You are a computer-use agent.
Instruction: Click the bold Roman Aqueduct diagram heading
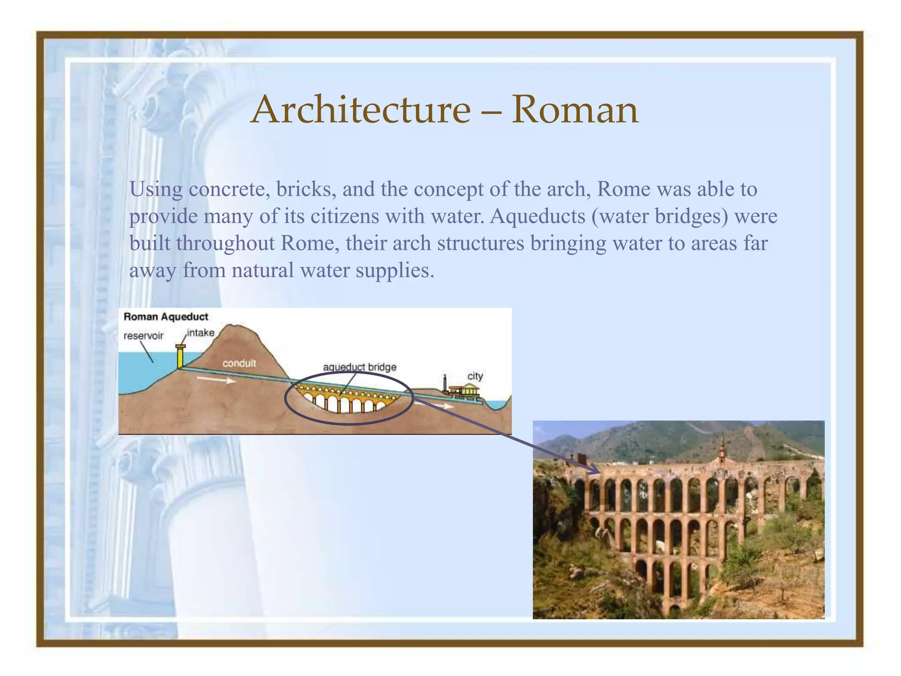click(x=166, y=316)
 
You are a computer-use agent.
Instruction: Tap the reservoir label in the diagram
click(x=143, y=336)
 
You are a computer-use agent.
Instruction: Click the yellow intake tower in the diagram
click(x=180, y=357)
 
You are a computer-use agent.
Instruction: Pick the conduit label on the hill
click(x=239, y=363)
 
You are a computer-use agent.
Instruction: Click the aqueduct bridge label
click(x=359, y=367)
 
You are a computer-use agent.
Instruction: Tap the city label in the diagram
click(x=475, y=376)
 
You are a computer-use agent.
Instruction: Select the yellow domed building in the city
click(x=470, y=389)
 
